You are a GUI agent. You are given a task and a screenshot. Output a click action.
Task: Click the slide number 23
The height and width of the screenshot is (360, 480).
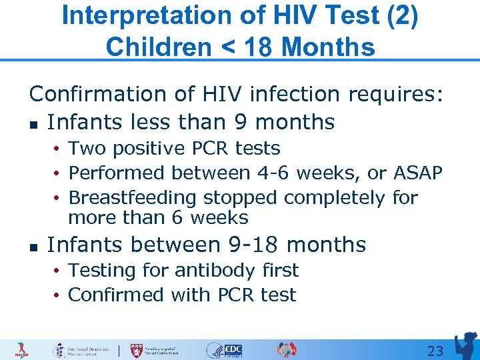pos(435,351)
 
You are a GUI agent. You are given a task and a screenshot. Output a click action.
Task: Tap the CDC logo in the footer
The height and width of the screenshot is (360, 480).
pos(233,350)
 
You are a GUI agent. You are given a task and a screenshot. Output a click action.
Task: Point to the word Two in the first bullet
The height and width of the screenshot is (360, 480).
pos(87,148)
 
